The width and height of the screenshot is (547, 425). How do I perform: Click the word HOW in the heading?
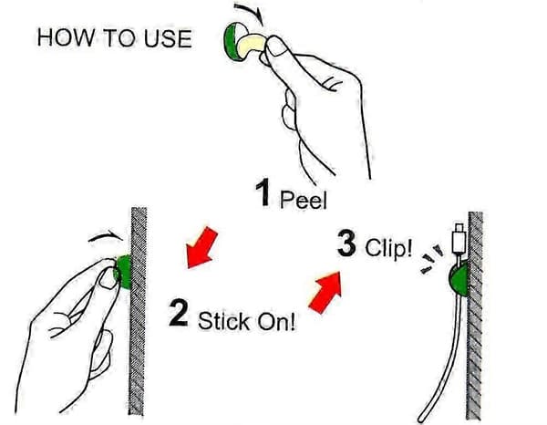pos(66,37)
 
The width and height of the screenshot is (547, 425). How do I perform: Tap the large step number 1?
pos(263,192)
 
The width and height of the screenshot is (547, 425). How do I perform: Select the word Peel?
pos(304,200)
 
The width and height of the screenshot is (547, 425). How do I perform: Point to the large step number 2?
pos(179,313)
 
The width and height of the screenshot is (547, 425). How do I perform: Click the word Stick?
pos(224,321)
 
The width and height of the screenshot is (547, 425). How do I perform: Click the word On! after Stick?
pos(276,321)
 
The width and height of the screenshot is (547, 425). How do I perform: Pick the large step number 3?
pos(346,244)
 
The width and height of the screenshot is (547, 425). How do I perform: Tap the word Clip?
pos(388,248)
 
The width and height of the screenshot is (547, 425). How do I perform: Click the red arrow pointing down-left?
pos(201,248)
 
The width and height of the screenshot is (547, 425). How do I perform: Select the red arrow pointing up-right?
pos(326,293)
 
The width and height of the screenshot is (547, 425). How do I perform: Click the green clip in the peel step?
pos(231,40)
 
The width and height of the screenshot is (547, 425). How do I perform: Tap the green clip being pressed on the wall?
pos(124,272)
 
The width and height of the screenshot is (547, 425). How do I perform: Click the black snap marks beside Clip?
pos(432,259)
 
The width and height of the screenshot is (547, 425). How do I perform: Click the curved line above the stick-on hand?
pos(105,235)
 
